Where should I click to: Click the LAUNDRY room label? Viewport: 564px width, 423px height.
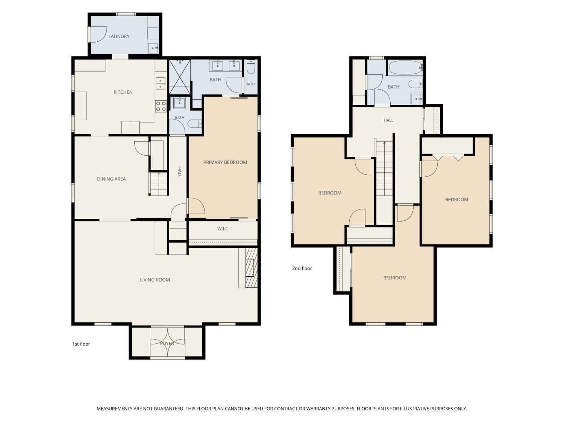(x=119, y=36)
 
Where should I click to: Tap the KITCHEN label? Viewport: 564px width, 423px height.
(x=123, y=92)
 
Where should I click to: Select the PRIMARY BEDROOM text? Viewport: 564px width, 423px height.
(x=225, y=162)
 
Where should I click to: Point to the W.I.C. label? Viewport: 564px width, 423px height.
(x=223, y=229)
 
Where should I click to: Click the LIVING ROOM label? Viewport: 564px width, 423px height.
(x=155, y=280)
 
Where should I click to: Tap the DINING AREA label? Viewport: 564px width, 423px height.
(x=111, y=179)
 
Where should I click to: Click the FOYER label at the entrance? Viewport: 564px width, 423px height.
(x=167, y=343)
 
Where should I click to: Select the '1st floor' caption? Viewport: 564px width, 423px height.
(x=81, y=344)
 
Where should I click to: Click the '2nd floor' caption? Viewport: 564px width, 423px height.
(x=302, y=268)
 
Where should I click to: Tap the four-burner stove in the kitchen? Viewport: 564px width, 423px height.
(x=161, y=106)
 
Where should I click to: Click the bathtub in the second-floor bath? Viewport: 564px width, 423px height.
(x=405, y=68)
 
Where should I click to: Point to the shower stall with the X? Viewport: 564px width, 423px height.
(x=180, y=77)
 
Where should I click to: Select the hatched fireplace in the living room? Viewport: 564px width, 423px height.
(x=251, y=267)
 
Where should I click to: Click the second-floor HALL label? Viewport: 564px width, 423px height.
(x=388, y=120)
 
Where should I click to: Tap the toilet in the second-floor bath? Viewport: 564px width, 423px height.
(x=415, y=84)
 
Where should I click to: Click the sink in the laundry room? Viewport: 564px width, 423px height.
(x=153, y=48)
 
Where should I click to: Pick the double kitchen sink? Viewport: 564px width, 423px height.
(x=161, y=84)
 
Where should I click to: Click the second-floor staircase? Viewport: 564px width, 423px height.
(x=384, y=168)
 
